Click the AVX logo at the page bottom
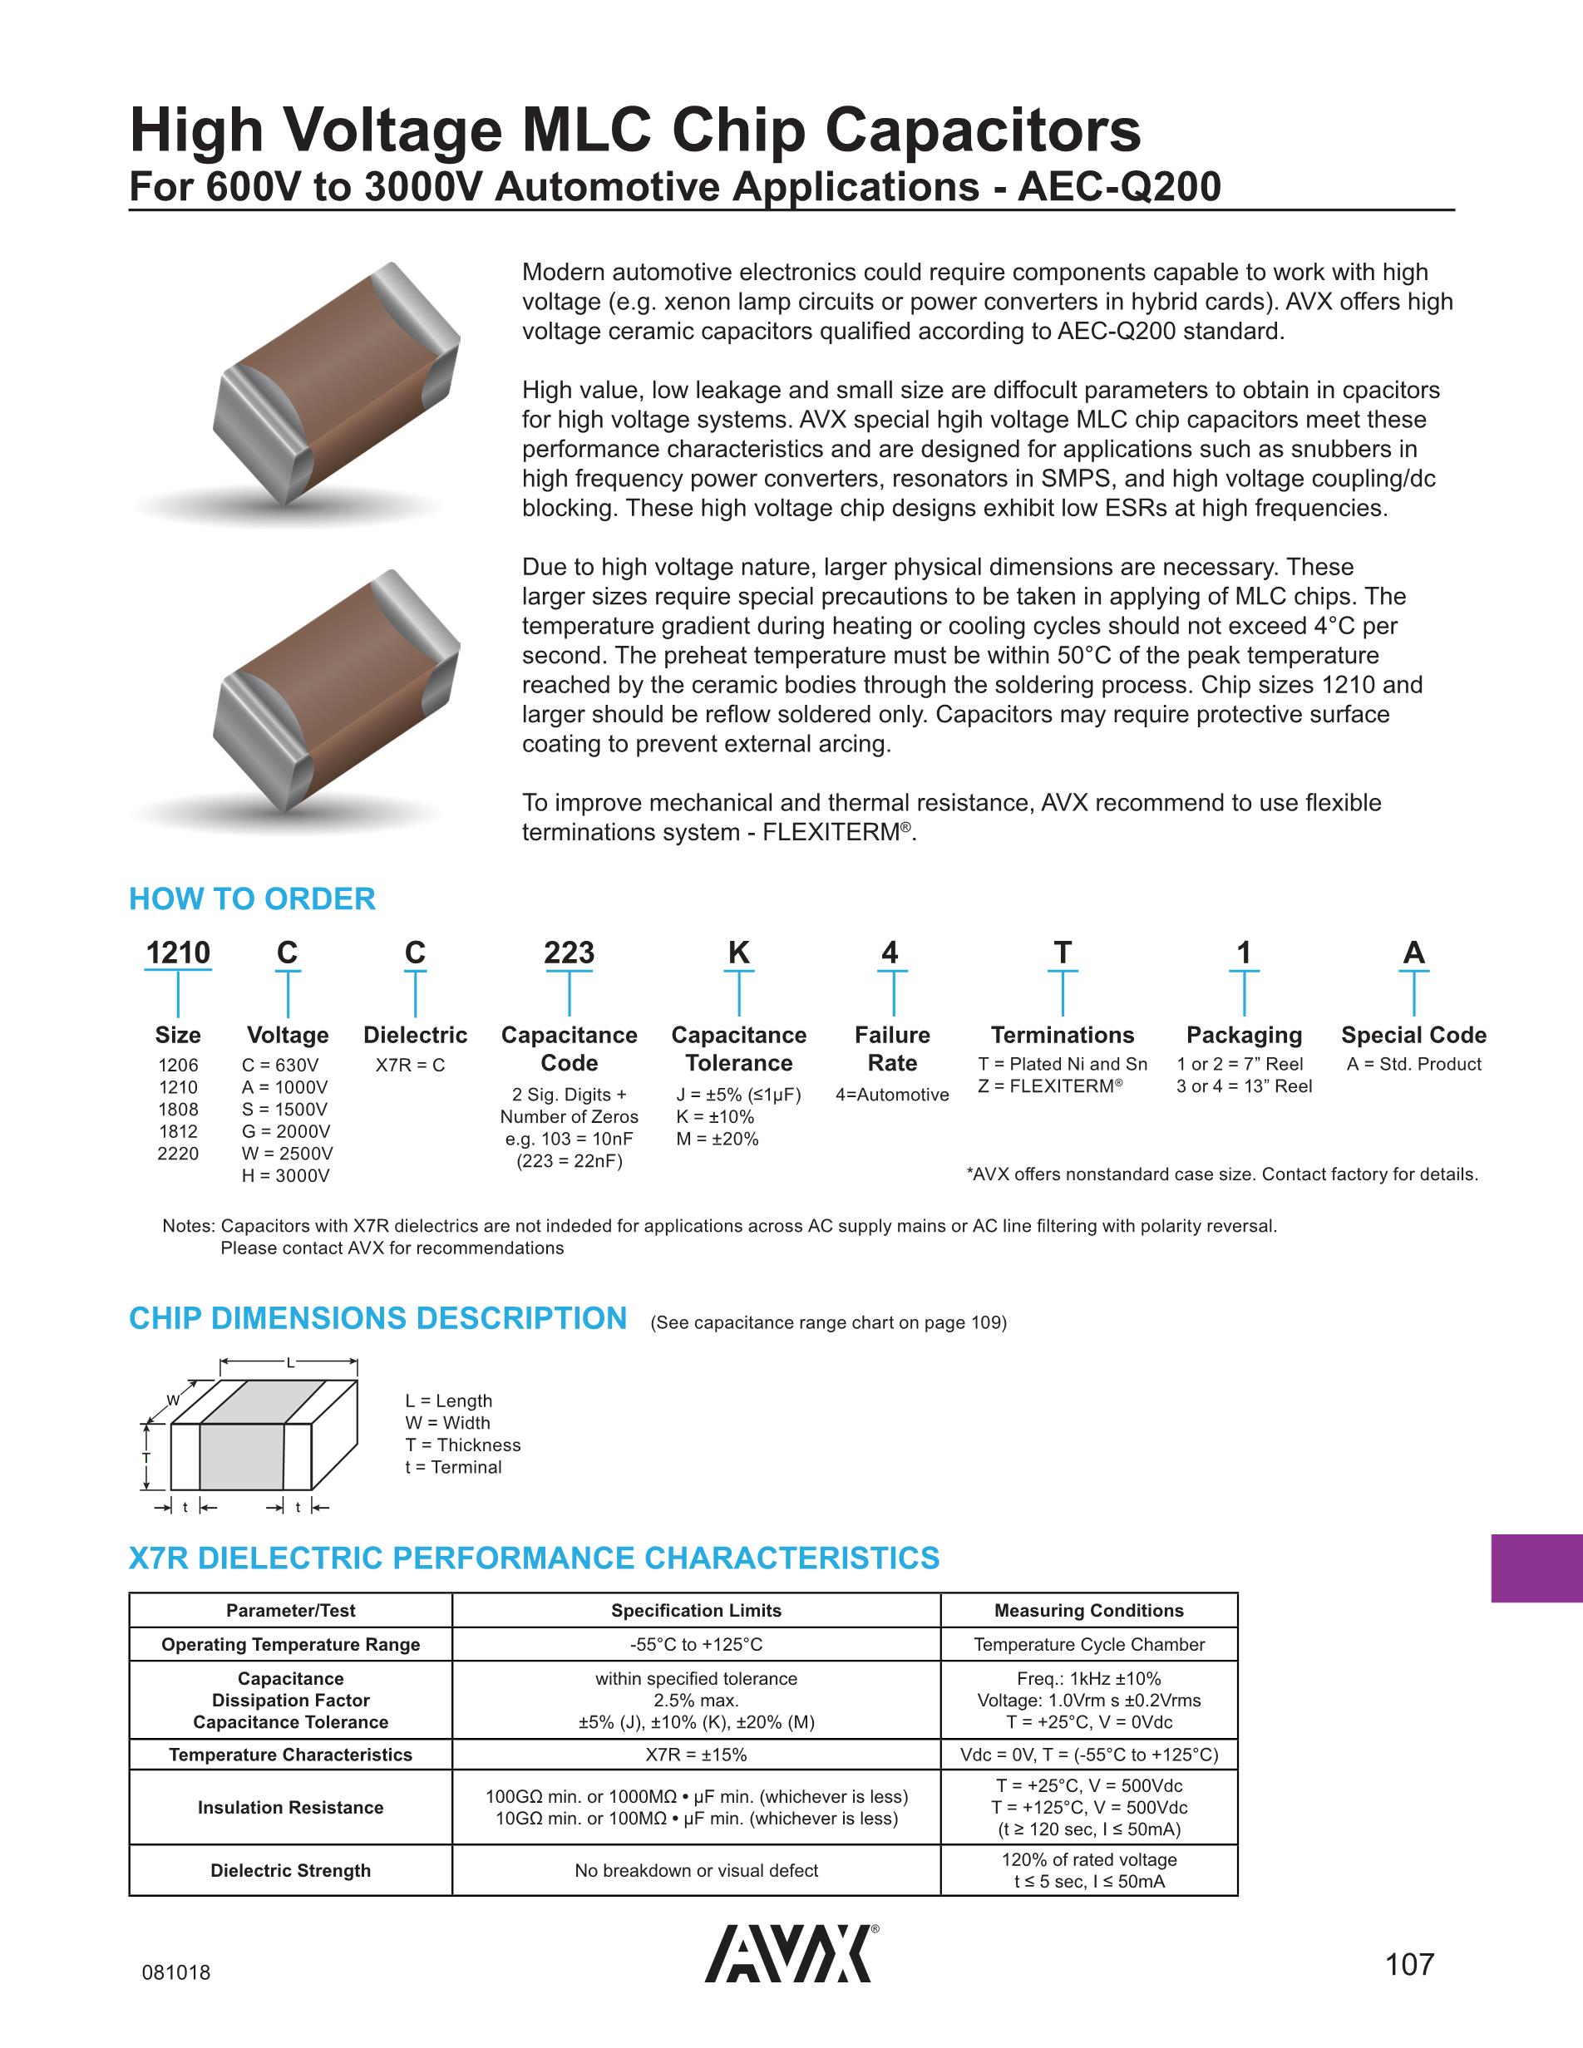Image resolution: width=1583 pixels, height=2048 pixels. point(790,1954)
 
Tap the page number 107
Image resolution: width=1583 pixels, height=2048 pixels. point(1409,1963)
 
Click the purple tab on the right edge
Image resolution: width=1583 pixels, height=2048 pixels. point(1536,1568)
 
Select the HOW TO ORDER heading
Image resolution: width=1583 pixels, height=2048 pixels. point(251,898)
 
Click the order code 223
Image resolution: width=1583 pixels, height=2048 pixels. point(570,953)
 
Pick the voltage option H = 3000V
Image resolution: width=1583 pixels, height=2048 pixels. point(286,1176)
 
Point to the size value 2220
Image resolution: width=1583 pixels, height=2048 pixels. point(178,1154)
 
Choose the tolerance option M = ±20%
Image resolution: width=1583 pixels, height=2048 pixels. point(718,1140)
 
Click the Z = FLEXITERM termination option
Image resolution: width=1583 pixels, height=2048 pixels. point(1050,1086)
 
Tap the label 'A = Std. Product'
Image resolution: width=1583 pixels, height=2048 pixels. point(1413,1065)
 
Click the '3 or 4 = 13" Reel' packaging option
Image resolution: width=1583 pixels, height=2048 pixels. point(1244,1086)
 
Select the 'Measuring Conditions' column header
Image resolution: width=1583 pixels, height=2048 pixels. point(1089,1610)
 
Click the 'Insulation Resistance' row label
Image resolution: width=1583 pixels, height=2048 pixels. point(291,1807)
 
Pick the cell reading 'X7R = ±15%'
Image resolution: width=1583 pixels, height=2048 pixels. point(696,1755)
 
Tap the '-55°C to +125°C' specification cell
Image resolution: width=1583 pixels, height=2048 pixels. point(696,1644)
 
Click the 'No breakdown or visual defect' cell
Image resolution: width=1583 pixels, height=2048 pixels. point(696,1870)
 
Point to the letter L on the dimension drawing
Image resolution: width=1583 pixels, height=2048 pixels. point(290,1362)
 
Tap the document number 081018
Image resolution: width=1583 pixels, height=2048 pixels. point(176,1972)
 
